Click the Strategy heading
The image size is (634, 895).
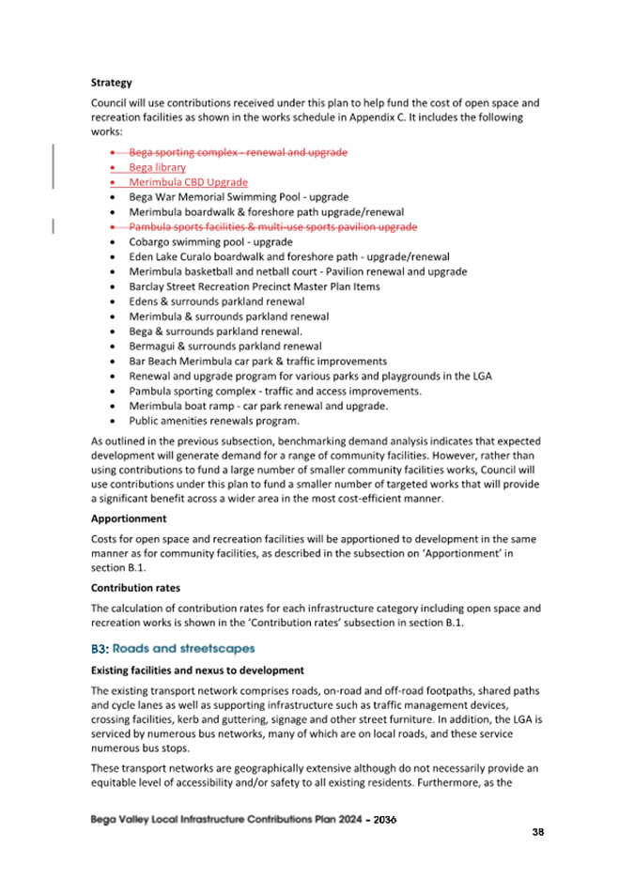click(x=111, y=83)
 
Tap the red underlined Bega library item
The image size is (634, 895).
click(x=157, y=167)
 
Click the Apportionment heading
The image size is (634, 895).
click(x=128, y=517)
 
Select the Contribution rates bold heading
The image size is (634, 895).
click(x=134, y=587)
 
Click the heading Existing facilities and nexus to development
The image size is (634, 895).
click(x=196, y=671)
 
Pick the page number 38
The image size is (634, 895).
click(x=537, y=832)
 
